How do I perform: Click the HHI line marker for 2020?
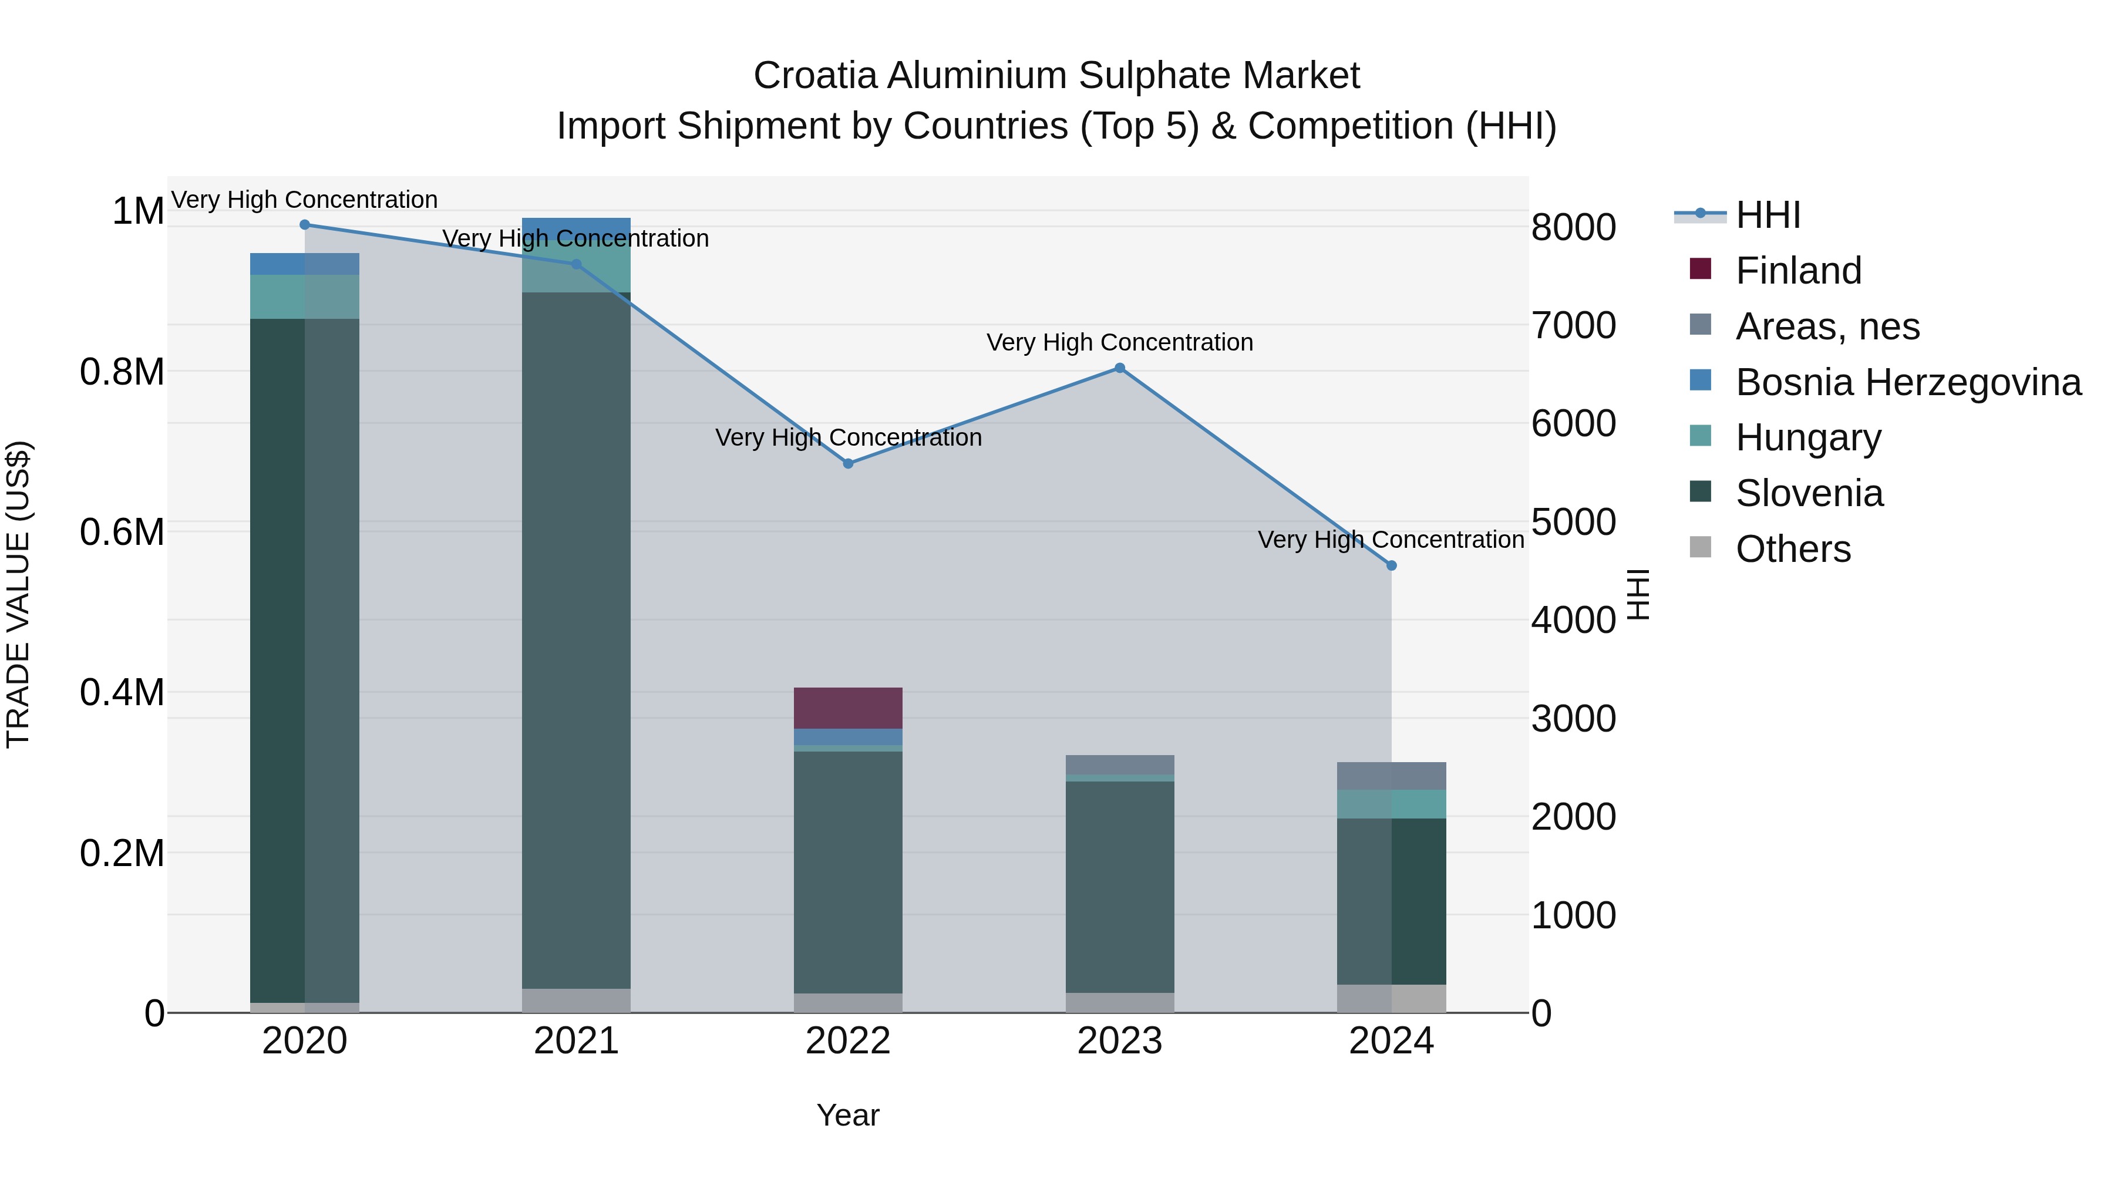tap(304, 224)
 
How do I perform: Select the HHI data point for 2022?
tap(848, 464)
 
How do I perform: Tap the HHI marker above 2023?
tap(1119, 368)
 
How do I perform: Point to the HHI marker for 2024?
tap(1391, 565)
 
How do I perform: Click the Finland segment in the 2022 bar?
tap(848, 708)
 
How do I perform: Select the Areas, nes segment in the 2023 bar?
tap(1119, 764)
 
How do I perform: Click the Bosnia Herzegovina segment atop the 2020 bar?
tap(304, 264)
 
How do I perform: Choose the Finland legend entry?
tap(1797, 270)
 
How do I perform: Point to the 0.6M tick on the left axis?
tap(122, 532)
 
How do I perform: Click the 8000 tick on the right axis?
tap(1573, 227)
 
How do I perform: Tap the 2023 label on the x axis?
tap(1119, 1041)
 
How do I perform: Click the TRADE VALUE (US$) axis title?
tap(18, 594)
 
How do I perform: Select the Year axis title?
tap(848, 1115)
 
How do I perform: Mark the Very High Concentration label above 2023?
tap(1119, 342)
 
